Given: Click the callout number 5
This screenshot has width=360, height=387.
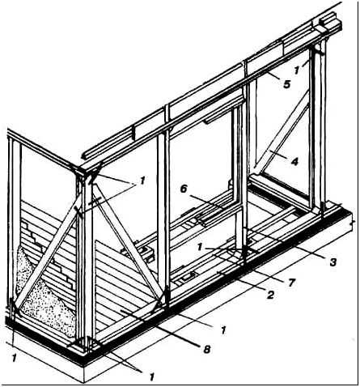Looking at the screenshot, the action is coord(287,84).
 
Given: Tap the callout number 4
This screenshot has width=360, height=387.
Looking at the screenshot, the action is coord(294,161).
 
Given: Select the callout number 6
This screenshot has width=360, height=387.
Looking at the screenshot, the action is coord(184,189).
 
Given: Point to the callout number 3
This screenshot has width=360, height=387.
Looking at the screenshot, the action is coord(333,262).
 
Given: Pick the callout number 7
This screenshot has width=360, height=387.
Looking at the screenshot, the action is coord(292,283).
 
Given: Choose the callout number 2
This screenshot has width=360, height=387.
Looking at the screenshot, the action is coord(270,295).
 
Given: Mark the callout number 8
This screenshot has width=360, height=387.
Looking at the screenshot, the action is coord(206,350).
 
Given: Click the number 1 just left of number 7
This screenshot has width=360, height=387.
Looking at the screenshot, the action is coord(200,247).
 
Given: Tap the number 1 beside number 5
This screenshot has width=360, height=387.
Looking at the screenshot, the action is coord(297,70).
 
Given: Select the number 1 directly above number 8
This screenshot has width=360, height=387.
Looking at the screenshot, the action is coord(223,330).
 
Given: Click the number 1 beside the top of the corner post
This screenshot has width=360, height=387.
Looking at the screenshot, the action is coord(142,181).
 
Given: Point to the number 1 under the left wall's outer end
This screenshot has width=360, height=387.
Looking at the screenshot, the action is coord(15,358).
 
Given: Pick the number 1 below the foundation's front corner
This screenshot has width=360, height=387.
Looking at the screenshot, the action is coord(152,376).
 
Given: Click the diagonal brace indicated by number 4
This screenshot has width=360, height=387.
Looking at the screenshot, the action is coord(282,132).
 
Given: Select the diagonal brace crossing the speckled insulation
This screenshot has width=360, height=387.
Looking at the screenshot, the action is coord(47,253).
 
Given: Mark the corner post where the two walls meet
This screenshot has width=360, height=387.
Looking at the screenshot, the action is coord(85,259).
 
